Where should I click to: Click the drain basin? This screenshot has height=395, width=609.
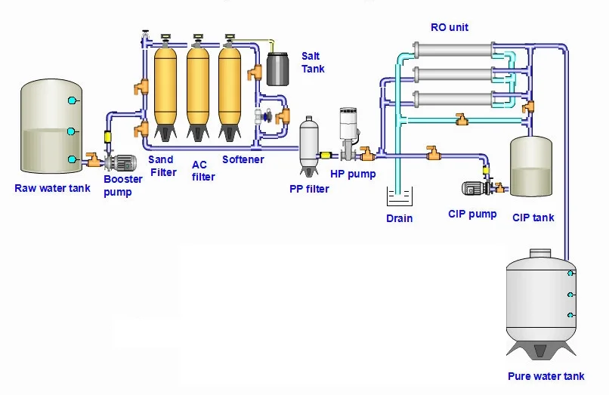pos(399,198)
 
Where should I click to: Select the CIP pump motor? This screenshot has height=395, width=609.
pos(475,188)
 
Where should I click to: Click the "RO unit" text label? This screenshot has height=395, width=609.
pos(450,27)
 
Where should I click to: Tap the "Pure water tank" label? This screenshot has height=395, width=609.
pos(546,376)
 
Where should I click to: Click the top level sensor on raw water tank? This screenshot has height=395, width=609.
pos(73,100)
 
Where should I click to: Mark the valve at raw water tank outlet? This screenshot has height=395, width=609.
pos(93,159)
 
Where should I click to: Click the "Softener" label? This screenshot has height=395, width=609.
pos(243,159)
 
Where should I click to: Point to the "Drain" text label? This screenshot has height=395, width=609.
pos(399,218)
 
